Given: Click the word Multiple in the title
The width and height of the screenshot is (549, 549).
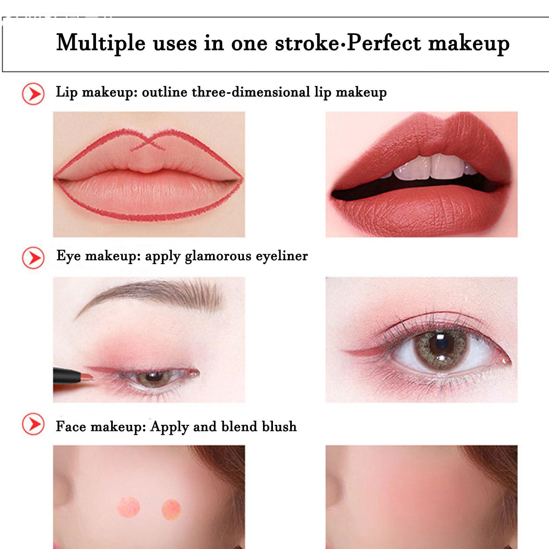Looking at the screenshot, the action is tap(101, 43).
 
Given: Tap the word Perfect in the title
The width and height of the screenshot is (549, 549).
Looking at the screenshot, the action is tap(384, 43).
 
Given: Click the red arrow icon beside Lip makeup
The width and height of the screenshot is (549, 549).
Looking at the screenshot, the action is tap(33, 94).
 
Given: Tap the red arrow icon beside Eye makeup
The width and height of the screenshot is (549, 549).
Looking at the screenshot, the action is tap(33, 258).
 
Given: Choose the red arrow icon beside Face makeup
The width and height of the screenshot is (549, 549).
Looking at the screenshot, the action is tap(33, 424).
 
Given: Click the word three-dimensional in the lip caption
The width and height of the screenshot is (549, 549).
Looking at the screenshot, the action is tap(251, 92).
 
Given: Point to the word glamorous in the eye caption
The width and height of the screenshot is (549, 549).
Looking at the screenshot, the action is tap(218, 256).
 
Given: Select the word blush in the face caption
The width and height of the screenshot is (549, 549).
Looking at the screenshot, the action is tap(279, 426).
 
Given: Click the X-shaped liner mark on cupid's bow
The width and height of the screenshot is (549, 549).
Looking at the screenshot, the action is tap(148, 142).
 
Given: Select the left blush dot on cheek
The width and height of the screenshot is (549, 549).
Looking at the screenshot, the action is tap(129, 507).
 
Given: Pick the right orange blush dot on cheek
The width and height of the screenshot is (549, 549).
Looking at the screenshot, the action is tap(171, 509).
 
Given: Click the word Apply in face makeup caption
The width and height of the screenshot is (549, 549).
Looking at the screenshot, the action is tap(169, 427).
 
